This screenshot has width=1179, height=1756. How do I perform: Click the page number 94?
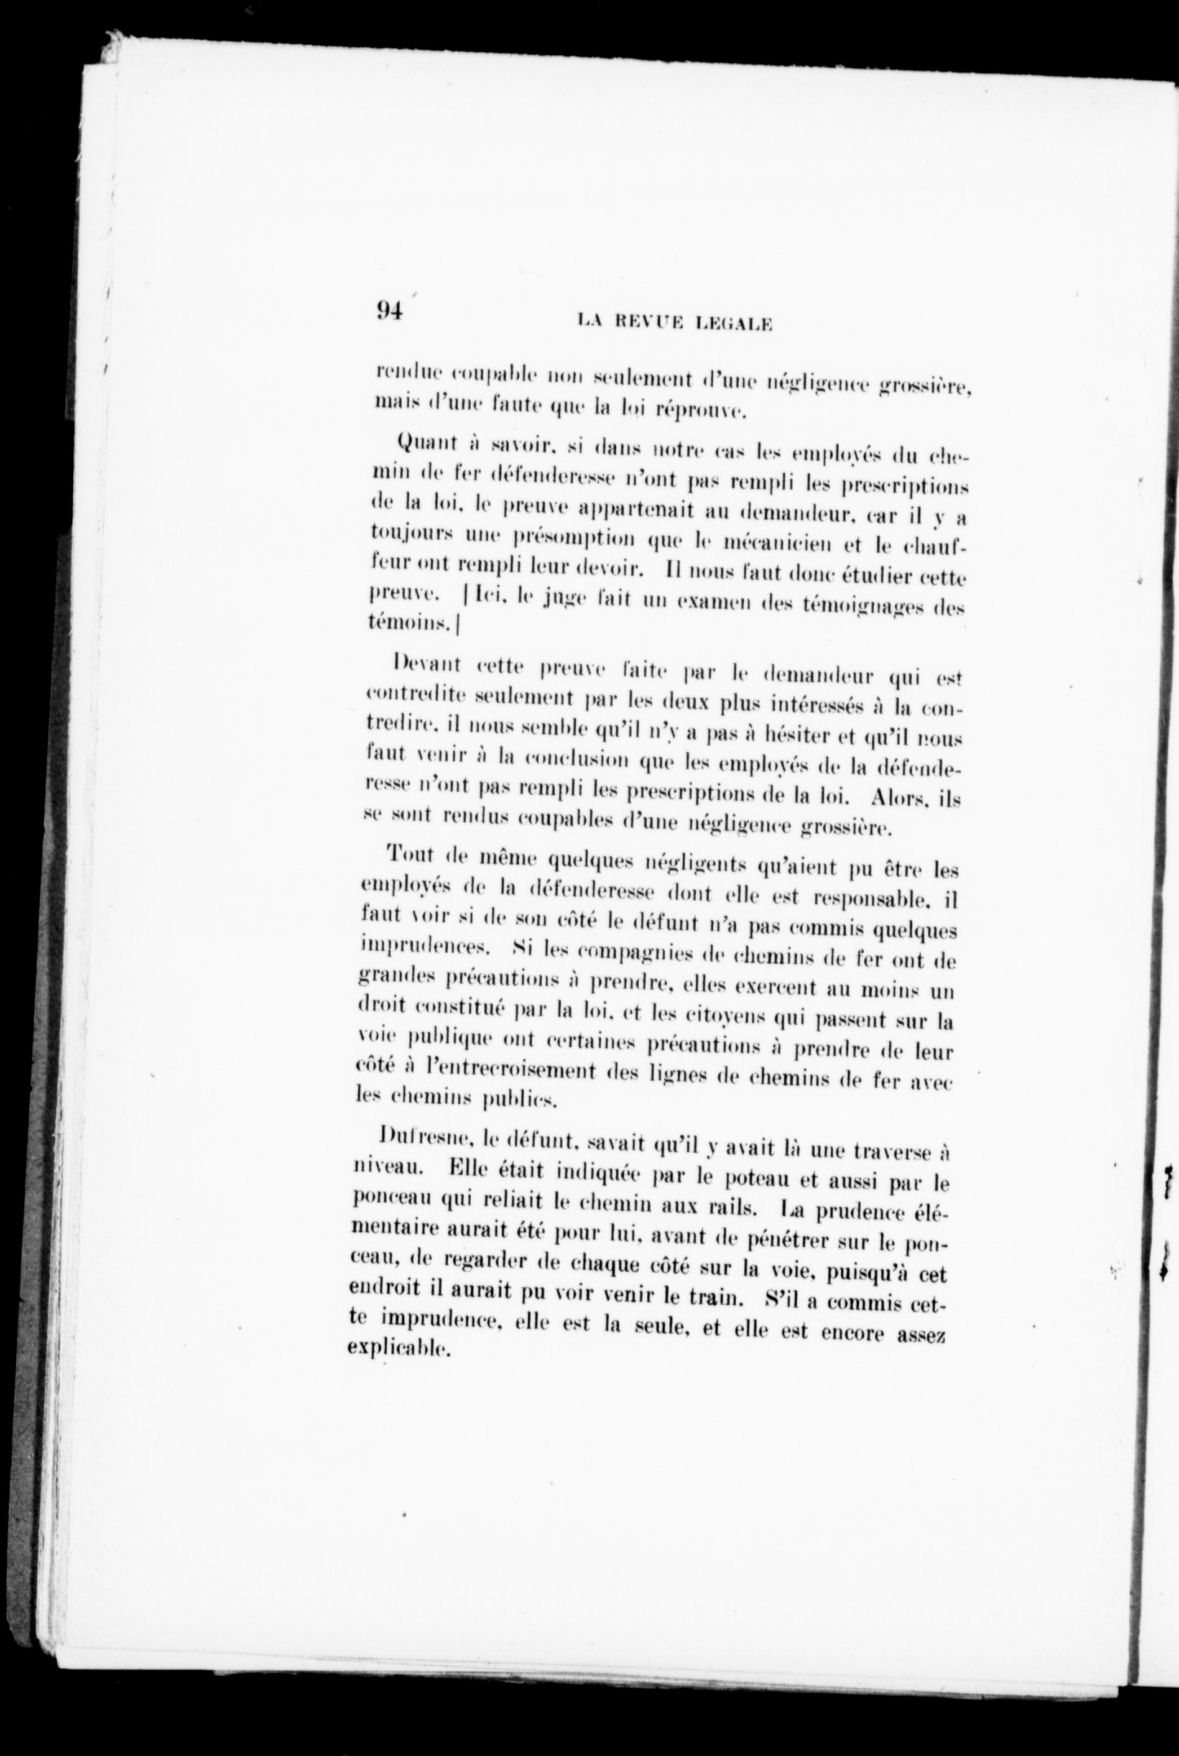pyautogui.click(x=389, y=310)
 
